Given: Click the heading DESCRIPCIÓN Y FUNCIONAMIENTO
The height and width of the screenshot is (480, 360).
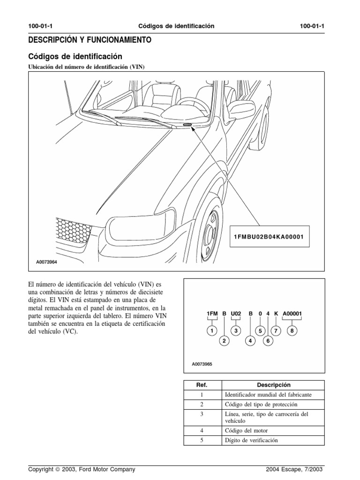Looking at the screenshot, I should click(90, 41).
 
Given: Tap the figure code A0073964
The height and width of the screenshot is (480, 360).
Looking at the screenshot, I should click(47, 262).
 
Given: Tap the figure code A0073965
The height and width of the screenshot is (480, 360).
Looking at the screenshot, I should click(202, 363).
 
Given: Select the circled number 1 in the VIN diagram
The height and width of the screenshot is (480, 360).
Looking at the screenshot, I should click(212, 331).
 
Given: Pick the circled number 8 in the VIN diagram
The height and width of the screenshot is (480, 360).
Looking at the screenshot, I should click(292, 331).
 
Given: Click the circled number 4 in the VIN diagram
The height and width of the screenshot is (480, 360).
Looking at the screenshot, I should click(251, 341).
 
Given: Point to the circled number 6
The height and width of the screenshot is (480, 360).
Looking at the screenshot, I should click(268, 341).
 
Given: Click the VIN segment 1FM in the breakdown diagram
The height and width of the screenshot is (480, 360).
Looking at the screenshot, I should click(212, 313).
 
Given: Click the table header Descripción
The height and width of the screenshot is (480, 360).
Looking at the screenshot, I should click(274, 385).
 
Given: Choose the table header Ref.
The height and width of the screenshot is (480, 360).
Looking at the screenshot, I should click(202, 385).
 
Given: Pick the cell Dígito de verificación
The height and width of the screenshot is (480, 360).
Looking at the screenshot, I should click(252, 441).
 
